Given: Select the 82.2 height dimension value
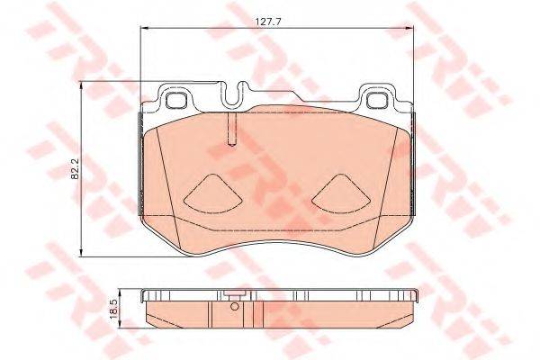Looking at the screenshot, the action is [x=75, y=169].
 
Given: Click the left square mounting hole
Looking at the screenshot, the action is [x=176, y=101].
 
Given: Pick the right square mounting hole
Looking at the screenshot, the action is [x=377, y=101].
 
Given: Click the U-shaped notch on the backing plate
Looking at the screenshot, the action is [x=233, y=94].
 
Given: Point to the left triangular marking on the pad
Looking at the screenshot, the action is [x=213, y=194].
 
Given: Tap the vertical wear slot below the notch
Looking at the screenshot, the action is [x=233, y=130].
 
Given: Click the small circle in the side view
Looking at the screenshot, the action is [x=235, y=306].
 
